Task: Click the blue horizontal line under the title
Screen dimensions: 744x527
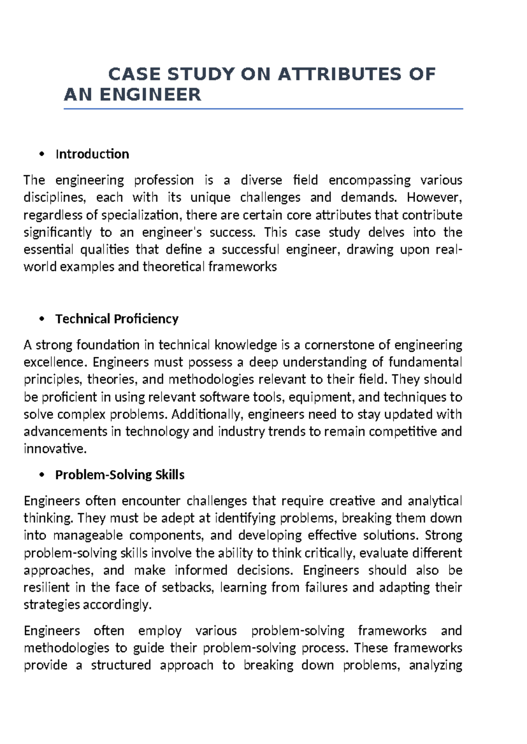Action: [263, 109]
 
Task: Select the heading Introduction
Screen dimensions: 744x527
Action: [92, 154]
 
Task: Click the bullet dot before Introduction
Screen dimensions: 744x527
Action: [42, 154]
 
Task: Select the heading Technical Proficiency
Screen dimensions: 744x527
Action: [117, 319]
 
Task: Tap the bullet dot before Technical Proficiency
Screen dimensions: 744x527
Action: [42, 319]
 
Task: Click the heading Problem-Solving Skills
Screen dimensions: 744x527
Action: [119, 475]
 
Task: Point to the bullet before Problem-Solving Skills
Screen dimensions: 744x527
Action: [42, 475]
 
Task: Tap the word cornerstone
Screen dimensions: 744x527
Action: [339, 345]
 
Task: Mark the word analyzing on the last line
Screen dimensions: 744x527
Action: [435, 665]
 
